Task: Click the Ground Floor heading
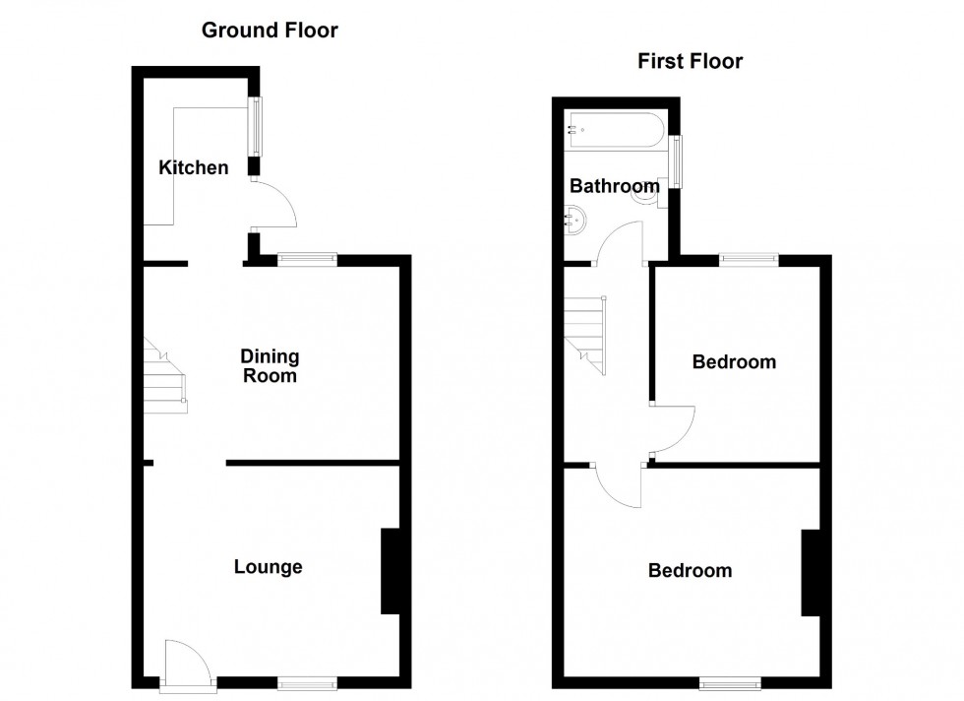(270, 31)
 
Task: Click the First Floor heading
(690, 62)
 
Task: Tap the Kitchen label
(194, 167)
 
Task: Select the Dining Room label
(271, 365)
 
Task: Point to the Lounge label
(268, 567)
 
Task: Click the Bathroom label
(614, 186)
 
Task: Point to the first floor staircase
(585, 335)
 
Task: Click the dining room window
(307, 259)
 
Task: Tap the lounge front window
(306, 682)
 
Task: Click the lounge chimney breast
(390, 571)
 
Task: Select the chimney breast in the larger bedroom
(812, 573)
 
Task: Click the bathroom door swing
(619, 242)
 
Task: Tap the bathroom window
(677, 160)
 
